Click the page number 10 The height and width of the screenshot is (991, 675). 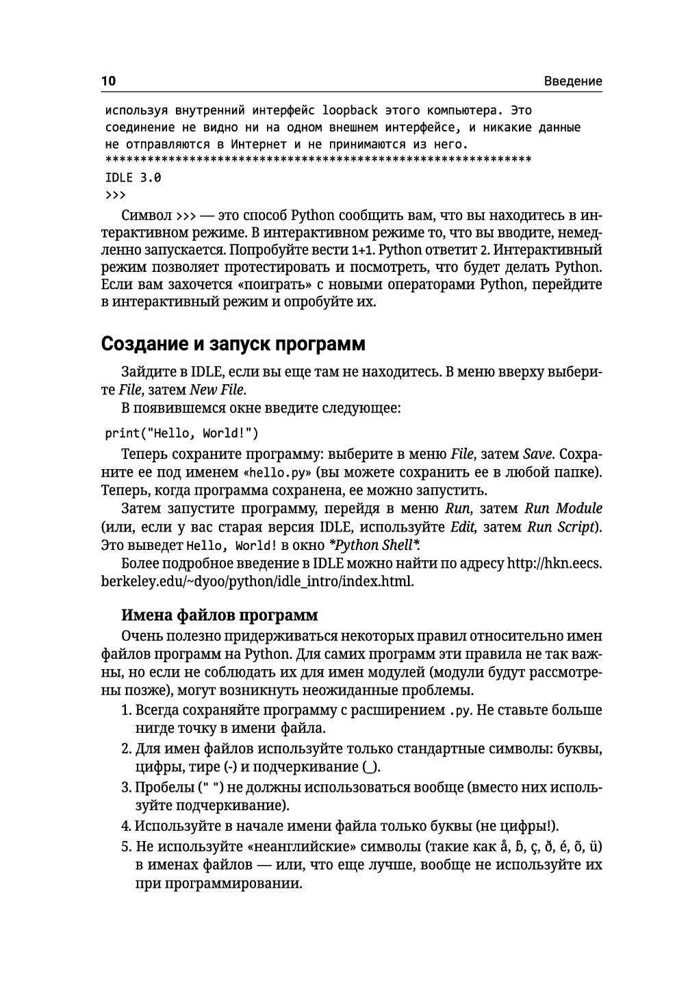point(109,81)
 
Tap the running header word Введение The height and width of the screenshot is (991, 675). point(573,81)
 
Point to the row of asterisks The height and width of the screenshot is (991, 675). point(318,161)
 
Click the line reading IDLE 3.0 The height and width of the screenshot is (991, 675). point(133,177)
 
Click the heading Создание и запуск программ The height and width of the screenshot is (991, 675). point(233,343)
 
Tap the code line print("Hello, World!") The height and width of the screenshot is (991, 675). point(181,433)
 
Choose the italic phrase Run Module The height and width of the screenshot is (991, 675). point(563,508)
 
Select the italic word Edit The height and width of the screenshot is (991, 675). point(463,527)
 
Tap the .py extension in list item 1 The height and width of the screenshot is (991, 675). point(459,710)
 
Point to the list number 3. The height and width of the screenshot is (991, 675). point(125,786)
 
